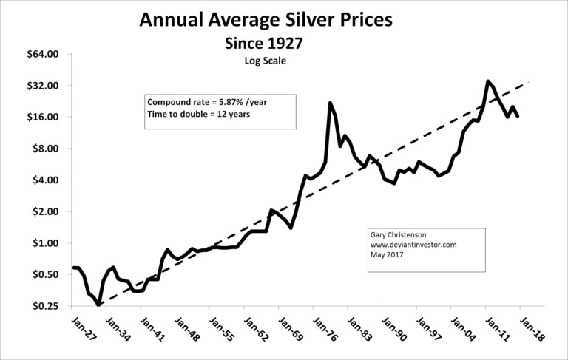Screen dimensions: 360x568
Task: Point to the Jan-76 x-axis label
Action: pos(321,328)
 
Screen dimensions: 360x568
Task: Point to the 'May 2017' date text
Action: pos(385,254)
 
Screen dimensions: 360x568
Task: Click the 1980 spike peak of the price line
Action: pos(330,103)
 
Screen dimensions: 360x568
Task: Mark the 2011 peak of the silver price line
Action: pos(488,81)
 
